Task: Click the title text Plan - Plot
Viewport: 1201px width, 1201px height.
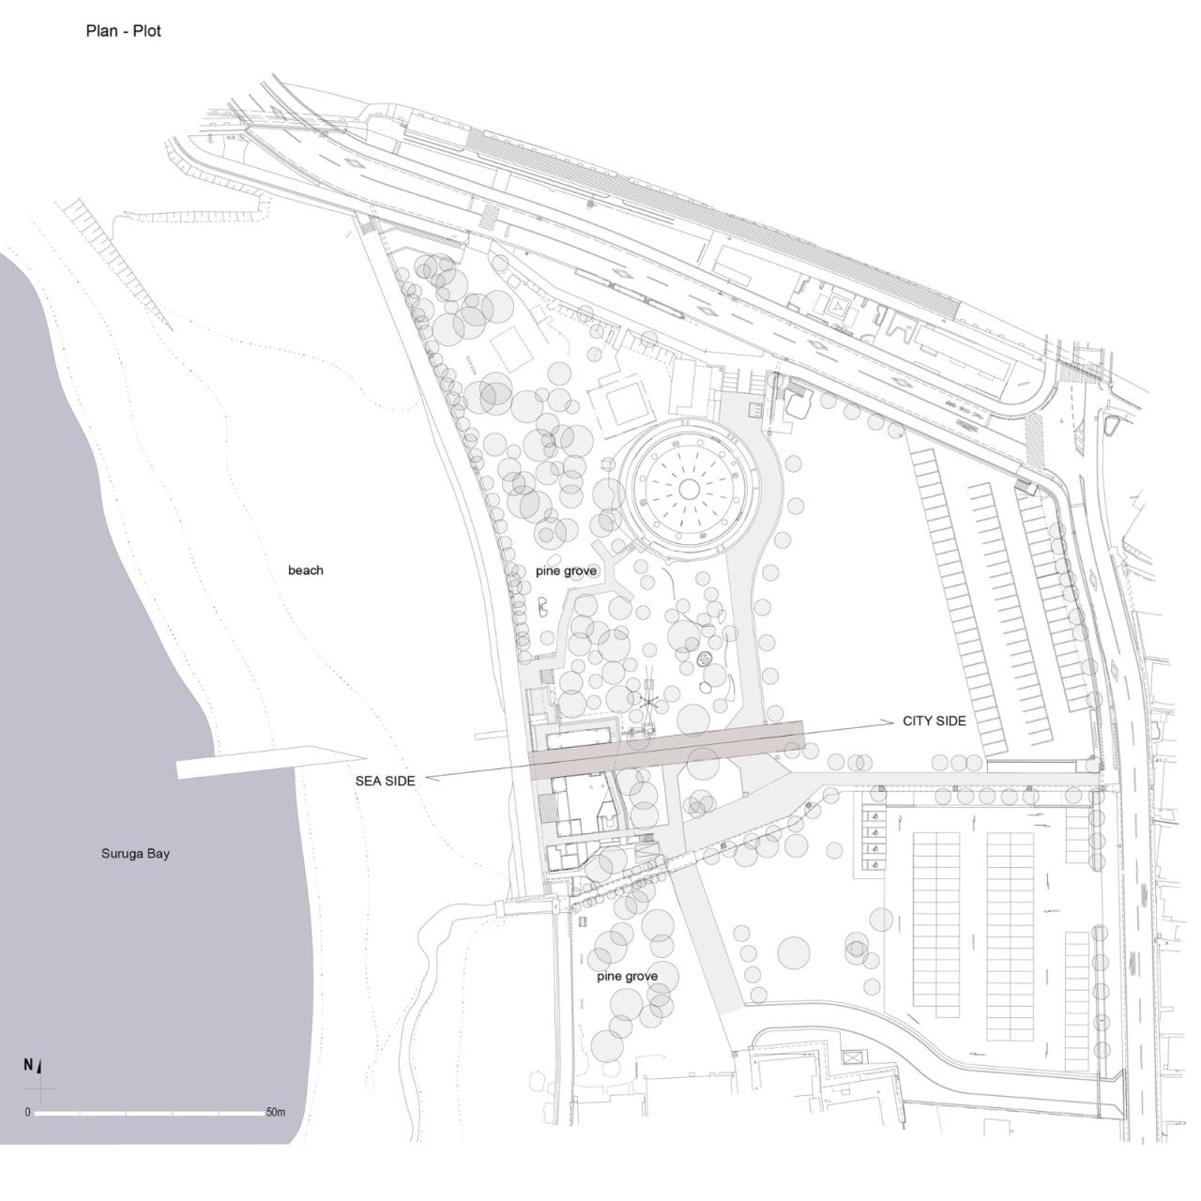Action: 123,31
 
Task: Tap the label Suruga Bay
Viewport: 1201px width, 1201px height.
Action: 135,854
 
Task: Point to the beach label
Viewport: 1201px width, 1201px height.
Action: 306,570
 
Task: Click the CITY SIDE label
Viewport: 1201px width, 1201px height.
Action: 934,721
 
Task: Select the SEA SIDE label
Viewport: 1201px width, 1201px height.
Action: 385,781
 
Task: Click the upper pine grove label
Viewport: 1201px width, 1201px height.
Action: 566,570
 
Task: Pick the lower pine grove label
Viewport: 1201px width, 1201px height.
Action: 627,976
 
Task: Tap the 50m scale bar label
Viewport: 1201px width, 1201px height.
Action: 275,1113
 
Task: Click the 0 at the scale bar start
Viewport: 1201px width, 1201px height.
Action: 28,1113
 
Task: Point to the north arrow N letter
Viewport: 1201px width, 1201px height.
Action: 28,1065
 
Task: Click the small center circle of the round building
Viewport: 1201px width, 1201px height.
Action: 689,488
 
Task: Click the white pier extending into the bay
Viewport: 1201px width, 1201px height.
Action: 267,762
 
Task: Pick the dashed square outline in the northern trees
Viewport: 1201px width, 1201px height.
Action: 510,348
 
